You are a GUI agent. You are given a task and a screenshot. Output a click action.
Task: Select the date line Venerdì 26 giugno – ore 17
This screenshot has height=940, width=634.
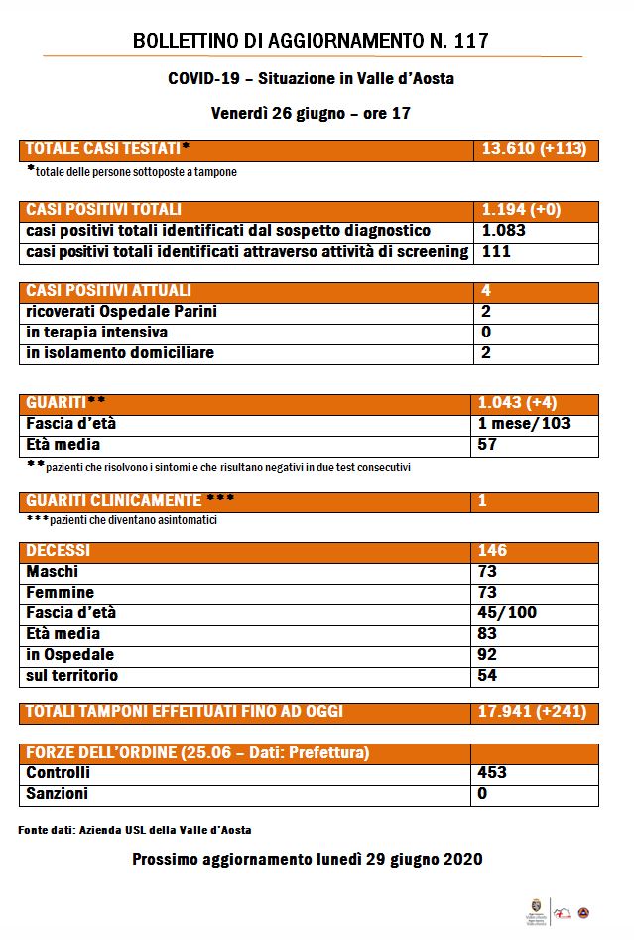pos(311,113)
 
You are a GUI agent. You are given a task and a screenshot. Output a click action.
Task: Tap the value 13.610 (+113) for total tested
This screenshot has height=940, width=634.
pos(534,150)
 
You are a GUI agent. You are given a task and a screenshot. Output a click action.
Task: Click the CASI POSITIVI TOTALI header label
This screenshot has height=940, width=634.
pos(103,210)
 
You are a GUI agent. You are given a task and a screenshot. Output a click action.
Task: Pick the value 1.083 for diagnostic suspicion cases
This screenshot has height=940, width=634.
pos(503,231)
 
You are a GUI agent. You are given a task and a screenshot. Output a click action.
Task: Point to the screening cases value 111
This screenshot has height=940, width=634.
pos(496,252)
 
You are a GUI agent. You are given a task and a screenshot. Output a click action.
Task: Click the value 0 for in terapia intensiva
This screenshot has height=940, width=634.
pos(485,333)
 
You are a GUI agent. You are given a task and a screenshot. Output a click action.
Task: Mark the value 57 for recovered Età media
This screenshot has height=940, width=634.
pos(489,445)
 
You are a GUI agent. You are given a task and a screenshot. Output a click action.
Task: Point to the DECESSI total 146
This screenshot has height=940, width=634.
pos(492,550)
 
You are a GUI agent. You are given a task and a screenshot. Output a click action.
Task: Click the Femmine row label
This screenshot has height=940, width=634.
pos(61,593)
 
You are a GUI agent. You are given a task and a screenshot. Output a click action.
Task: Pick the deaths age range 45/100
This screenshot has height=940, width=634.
pos(507,613)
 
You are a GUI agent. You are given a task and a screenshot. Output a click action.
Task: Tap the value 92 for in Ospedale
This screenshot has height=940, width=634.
pos(488,655)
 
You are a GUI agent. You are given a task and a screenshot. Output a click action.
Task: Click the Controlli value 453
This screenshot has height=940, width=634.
pos(492,773)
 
